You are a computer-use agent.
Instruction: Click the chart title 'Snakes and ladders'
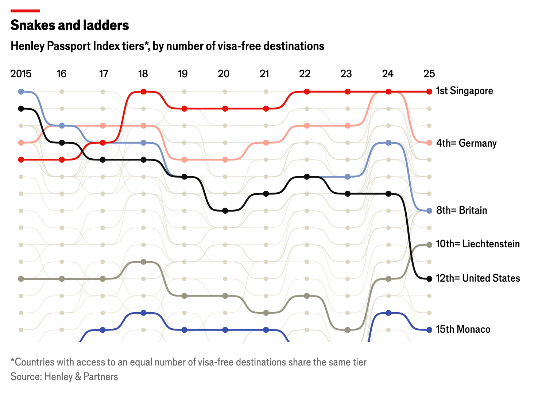[70, 25]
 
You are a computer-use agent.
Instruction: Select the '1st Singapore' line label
[464, 91]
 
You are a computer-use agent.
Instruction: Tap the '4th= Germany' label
[466, 143]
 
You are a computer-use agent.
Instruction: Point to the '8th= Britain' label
[461, 210]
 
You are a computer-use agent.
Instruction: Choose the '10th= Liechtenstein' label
[478, 244]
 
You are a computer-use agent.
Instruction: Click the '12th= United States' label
[478, 278]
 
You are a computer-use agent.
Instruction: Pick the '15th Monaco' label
[463, 329]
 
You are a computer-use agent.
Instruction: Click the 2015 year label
[21, 74]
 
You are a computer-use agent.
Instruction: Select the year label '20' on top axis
[224, 74]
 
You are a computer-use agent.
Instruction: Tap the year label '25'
[429, 74]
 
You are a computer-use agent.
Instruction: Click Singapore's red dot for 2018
[143, 92]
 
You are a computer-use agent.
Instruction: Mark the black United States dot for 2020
[225, 210]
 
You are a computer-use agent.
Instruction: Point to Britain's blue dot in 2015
[21, 92]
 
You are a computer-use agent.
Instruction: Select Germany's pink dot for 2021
[266, 143]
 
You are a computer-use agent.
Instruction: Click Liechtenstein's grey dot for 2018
[143, 262]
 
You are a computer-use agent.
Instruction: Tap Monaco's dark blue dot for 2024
[388, 313]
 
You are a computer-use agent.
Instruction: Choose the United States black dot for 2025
[429, 279]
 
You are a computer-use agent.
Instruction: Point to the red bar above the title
[25, 11]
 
